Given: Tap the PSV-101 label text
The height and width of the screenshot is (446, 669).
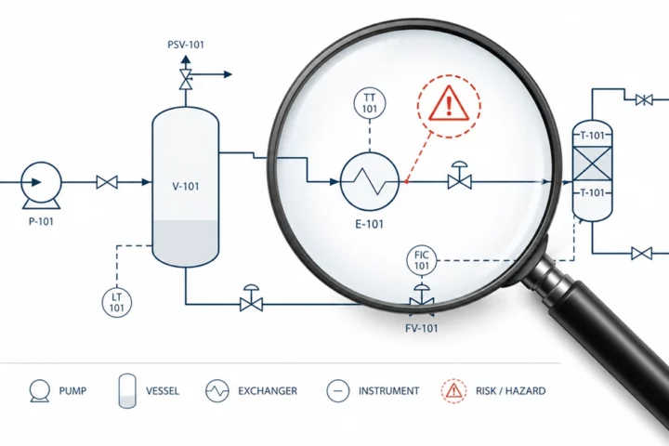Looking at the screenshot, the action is tap(186, 45).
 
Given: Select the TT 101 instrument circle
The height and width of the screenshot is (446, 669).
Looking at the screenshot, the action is tap(370, 104).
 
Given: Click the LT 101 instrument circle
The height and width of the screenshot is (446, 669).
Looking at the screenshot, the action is tap(117, 303).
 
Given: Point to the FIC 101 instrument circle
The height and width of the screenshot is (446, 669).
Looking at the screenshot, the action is tap(422, 261).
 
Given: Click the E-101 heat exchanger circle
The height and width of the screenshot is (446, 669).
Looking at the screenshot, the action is tap(370, 181).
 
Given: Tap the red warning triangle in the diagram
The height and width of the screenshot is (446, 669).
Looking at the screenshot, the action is tap(449, 104).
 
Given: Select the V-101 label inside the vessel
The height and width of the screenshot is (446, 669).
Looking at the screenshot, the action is tap(186, 187).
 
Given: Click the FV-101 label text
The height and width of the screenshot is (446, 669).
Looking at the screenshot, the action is tap(422, 328).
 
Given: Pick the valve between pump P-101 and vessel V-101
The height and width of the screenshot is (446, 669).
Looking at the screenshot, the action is tap(107, 182).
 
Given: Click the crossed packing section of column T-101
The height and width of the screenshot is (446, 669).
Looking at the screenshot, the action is tap(592, 164).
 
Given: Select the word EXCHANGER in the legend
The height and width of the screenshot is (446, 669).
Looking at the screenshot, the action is tap(268, 391).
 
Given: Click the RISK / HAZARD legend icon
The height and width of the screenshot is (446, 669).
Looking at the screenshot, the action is tap(453, 390).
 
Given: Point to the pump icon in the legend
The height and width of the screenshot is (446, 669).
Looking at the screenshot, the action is tap(40, 390).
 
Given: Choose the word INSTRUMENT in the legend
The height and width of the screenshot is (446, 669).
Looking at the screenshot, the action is tap(388, 391).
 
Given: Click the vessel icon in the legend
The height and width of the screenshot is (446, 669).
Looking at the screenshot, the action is tap(127, 391).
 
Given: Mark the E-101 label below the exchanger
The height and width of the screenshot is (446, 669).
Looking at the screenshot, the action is tap(370, 224).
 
